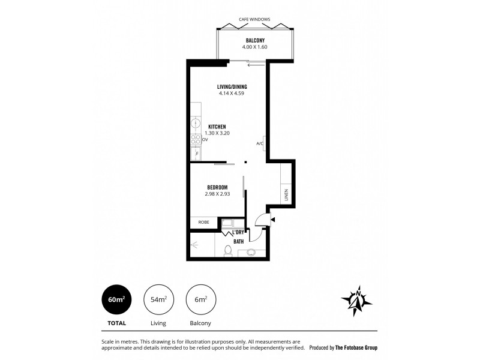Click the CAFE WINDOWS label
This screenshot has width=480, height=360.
point(255,19)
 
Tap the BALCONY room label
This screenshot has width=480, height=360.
point(255,41)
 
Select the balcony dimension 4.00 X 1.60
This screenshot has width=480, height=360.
point(255,47)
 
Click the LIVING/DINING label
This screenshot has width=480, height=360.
point(232,86)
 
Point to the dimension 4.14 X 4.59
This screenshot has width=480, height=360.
point(232,93)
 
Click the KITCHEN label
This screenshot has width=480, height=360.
point(215,127)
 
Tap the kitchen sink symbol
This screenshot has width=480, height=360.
point(195,124)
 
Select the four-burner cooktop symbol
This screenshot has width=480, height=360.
point(196,139)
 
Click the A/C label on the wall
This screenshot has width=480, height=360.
point(260,143)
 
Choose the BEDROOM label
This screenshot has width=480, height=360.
point(217,187)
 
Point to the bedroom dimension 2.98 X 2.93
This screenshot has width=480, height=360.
point(217,194)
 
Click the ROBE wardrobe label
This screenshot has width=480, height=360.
point(203,221)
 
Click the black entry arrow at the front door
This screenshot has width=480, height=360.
point(273,220)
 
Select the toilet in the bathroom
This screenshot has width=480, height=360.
point(228,251)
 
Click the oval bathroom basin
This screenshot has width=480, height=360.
point(250,253)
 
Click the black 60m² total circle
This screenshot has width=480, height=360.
point(117,299)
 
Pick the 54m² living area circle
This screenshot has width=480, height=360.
point(158,299)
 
